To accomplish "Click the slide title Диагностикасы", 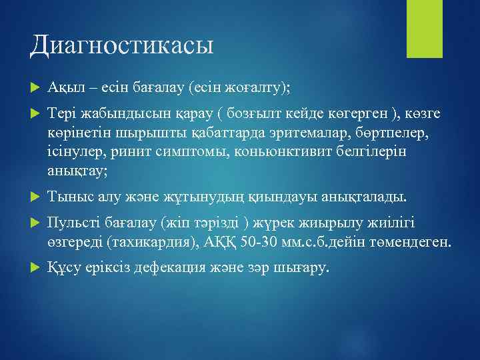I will coord(121,45).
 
